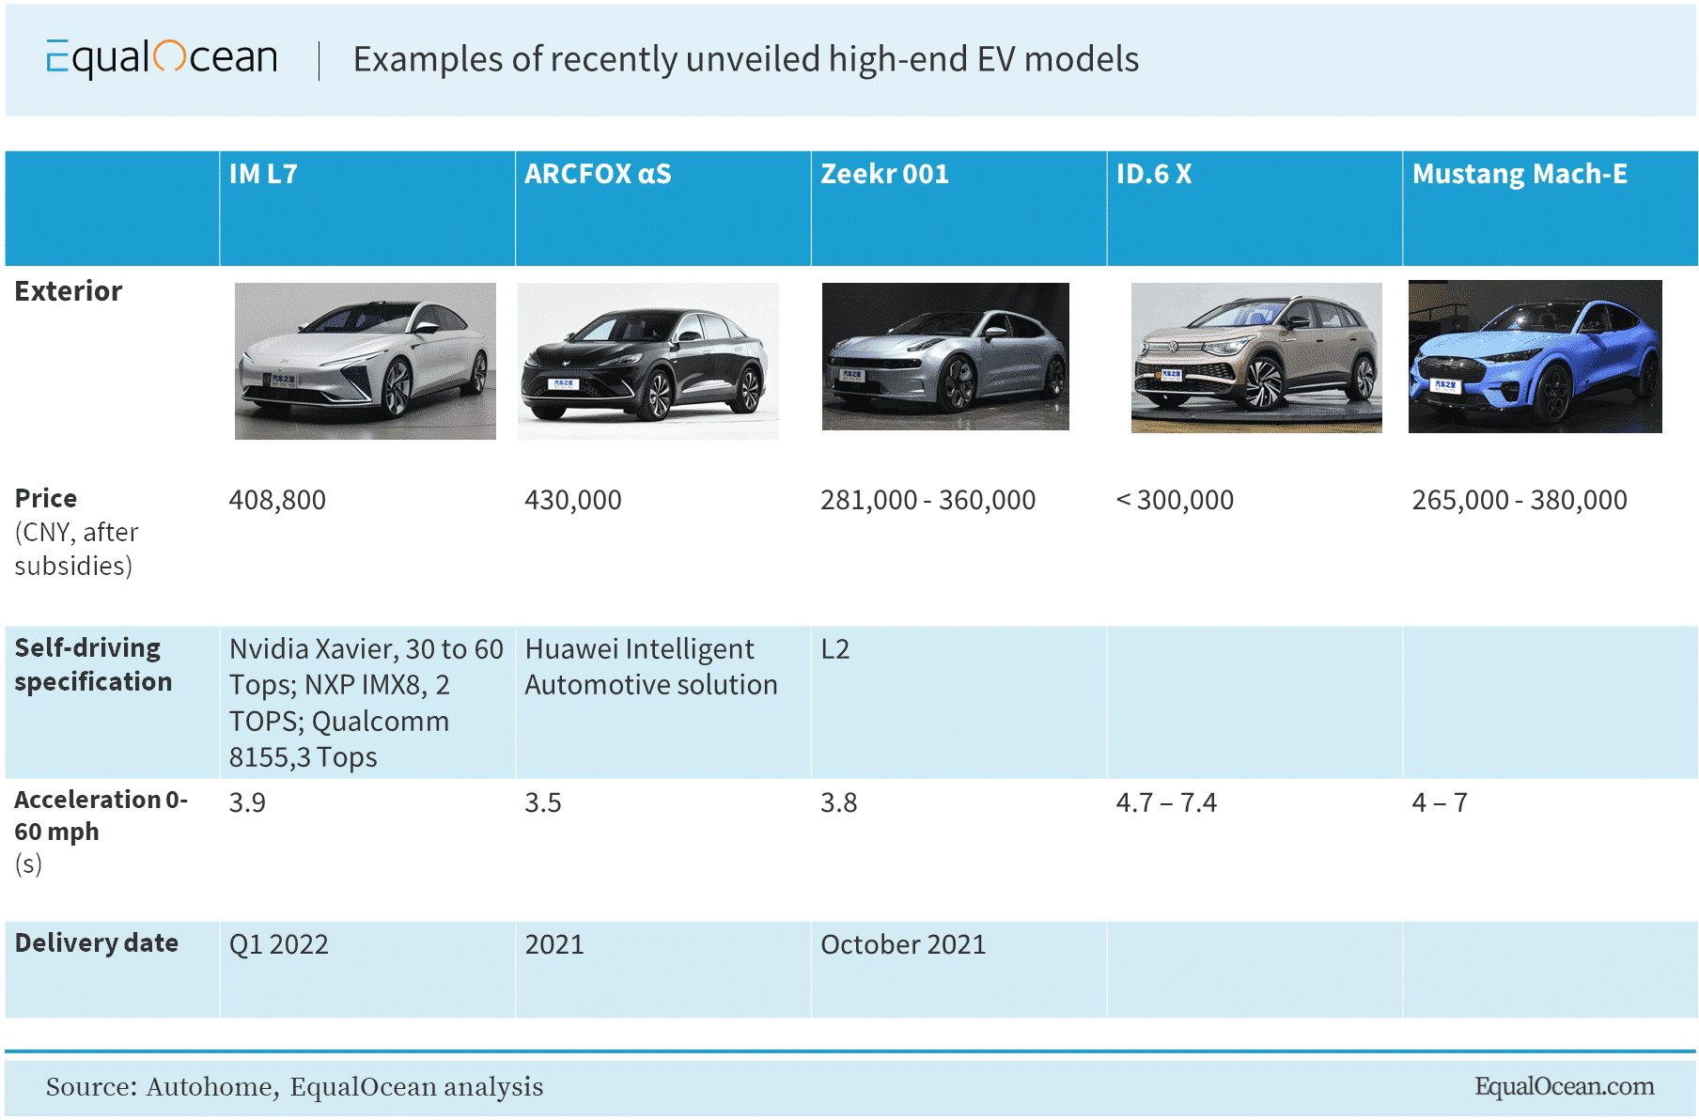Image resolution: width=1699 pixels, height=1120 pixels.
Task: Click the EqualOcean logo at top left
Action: [x=162, y=58]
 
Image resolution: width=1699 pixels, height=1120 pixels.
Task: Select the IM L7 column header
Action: [x=263, y=175]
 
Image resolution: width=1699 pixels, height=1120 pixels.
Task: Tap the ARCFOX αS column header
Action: [x=598, y=175]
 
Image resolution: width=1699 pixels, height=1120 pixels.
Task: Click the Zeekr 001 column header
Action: [x=884, y=175]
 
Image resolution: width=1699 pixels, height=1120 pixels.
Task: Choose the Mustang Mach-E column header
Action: [x=1520, y=175]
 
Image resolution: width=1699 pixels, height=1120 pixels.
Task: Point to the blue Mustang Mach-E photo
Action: [x=1535, y=357]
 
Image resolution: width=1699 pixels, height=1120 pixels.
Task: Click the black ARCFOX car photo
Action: [x=647, y=362]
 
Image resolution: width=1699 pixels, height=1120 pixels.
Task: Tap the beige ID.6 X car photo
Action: [x=1256, y=358]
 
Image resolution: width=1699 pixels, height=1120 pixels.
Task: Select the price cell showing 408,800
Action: [x=277, y=500]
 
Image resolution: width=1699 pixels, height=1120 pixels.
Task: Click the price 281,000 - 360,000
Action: [x=927, y=500]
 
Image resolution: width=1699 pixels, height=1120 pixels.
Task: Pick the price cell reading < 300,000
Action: [x=1175, y=500]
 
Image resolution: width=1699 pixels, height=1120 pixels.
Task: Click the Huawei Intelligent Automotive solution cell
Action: [x=650, y=667]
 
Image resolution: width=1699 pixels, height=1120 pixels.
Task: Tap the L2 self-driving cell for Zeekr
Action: [x=834, y=649]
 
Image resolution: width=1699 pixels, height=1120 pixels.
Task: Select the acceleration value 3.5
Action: [x=543, y=803]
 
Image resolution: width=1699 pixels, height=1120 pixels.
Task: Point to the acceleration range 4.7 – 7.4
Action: [x=1166, y=803]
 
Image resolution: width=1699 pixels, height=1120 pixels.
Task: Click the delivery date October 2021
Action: [x=903, y=944]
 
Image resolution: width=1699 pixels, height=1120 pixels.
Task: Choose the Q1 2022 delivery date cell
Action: [x=279, y=944]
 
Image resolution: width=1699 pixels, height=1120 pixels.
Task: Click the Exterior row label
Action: [x=69, y=291]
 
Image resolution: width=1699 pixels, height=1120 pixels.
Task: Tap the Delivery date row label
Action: [x=97, y=943]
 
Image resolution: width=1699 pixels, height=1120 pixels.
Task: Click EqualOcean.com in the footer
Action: [x=1564, y=1087]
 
